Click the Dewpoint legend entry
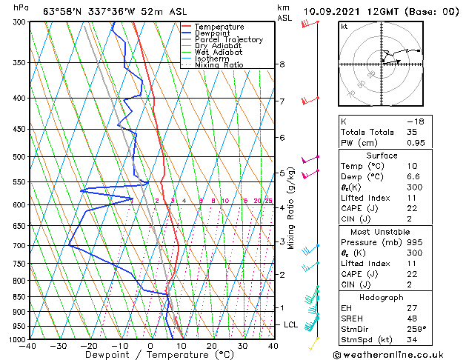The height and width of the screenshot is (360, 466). click(211, 33)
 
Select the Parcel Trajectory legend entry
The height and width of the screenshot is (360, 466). click(228, 40)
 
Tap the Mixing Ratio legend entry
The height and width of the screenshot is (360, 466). click(218, 65)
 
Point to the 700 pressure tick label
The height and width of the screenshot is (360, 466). click(15, 245)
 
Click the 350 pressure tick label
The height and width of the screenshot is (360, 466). click(15, 63)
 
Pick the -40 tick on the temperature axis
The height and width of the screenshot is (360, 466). click(29, 346)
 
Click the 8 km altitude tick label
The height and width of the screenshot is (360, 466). click(282, 64)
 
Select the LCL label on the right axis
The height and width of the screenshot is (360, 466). click(291, 324)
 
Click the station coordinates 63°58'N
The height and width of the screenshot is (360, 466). click(64, 10)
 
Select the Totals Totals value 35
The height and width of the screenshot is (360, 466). click(412, 132)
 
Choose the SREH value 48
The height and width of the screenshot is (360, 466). click(412, 318)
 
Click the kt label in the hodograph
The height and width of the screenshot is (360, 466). click(344, 27)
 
